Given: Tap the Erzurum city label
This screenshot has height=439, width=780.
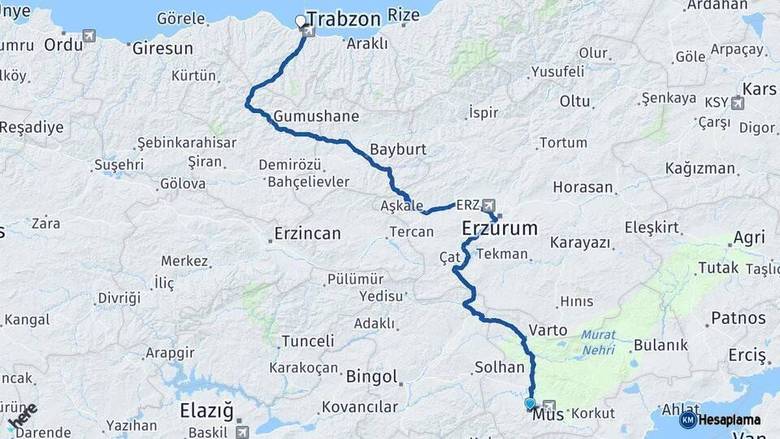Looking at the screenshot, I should (x=500, y=228).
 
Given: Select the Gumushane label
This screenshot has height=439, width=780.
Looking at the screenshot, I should (x=316, y=116).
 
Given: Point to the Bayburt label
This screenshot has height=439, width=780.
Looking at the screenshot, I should (x=397, y=150).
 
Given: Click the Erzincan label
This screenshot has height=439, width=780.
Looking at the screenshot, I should (x=307, y=234).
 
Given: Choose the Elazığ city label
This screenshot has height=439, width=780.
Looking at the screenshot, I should (x=206, y=411).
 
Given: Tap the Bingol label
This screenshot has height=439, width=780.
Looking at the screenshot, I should (x=371, y=377).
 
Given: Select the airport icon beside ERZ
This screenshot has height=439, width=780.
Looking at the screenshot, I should (x=488, y=204).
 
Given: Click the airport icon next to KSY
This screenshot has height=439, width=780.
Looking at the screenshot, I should (x=738, y=102).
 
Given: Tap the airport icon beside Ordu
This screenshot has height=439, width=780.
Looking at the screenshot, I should (x=89, y=36).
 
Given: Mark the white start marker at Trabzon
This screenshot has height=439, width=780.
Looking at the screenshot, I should (x=301, y=21).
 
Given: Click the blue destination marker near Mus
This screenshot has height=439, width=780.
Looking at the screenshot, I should (x=530, y=403).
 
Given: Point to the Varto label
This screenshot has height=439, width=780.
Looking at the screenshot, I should (x=542, y=331).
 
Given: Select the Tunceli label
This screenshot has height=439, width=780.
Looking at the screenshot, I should (x=307, y=341).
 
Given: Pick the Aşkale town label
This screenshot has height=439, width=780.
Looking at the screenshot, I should (x=401, y=206).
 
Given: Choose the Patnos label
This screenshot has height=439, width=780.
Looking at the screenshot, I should (x=739, y=317).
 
